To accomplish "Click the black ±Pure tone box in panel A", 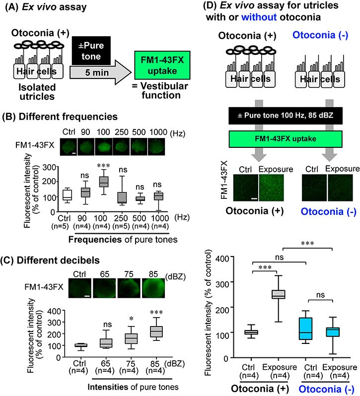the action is tap(91, 51).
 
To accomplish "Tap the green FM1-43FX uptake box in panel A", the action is tap(162, 65).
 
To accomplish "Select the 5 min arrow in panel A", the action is tap(100, 72).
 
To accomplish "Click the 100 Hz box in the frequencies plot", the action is tap(104, 182).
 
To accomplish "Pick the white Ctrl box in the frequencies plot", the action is tap(67, 195).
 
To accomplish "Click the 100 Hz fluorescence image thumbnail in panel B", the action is tap(104, 147).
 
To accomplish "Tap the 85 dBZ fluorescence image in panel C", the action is tap(153, 288).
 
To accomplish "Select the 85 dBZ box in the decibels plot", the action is tap(156, 331).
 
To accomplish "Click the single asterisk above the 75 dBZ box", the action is tap(132, 319).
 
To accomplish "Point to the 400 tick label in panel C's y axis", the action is tap(54, 311).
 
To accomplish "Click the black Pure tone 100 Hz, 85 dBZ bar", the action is tap(286, 116).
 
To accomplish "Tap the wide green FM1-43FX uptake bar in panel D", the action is tap(286, 139).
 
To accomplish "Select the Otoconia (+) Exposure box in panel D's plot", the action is tap(279, 294).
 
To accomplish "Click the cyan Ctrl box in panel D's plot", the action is tap(305, 329).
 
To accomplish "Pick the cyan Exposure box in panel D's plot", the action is tap(333, 332).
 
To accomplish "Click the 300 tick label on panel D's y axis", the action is tap(222, 284).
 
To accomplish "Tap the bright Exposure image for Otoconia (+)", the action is tap(271, 188).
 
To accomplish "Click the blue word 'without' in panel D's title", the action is tap(259, 17).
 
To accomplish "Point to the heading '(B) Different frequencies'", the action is tap(60, 117).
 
